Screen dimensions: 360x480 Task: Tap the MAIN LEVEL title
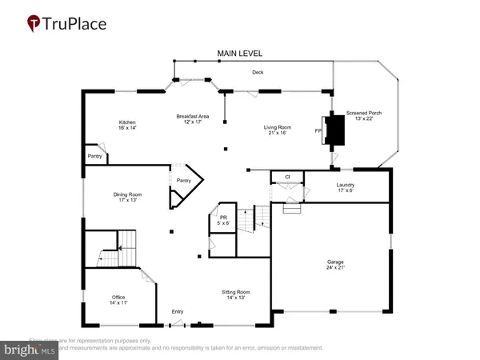[x=240, y=54]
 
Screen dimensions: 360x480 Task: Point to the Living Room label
[x=278, y=127]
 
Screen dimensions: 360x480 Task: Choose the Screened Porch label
[x=363, y=114]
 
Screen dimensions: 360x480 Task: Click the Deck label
[x=258, y=72]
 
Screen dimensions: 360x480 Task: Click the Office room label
[x=118, y=298]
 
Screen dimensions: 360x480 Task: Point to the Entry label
[x=177, y=312]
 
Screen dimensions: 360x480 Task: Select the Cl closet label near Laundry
[x=286, y=177]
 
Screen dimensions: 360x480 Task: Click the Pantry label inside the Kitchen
[x=94, y=158]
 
